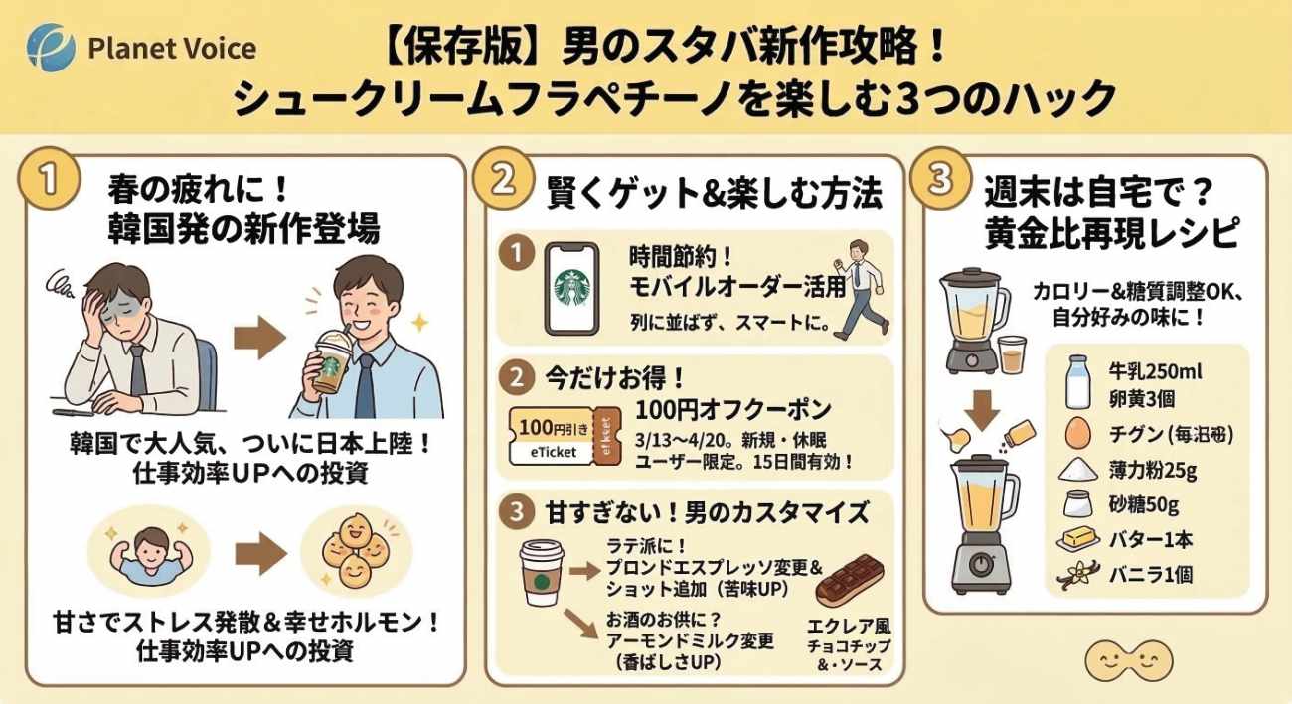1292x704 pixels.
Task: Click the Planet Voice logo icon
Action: coord(50,46)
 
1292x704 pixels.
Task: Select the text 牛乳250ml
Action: coord(1155,372)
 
